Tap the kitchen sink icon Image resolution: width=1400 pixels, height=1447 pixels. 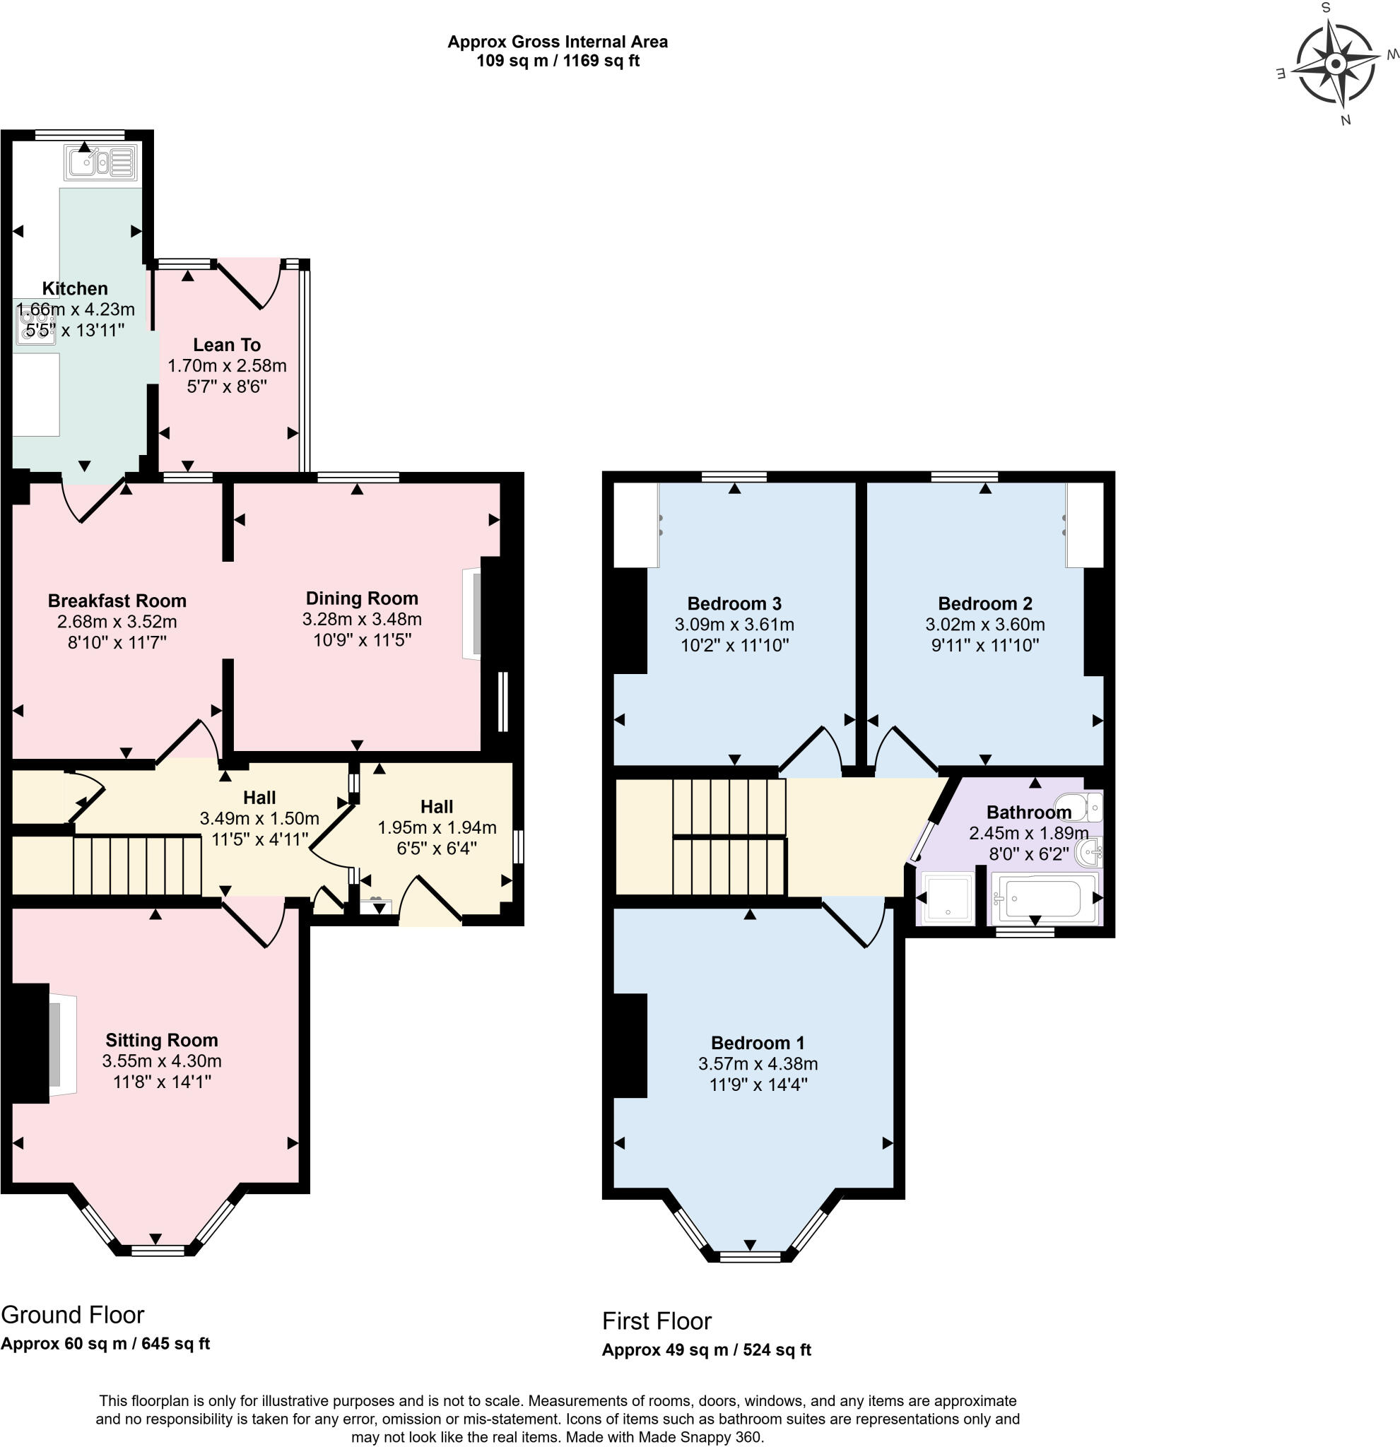[100, 163]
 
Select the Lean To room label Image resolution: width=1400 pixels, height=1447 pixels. [227, 345]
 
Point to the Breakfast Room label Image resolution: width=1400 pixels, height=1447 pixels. [117, 601]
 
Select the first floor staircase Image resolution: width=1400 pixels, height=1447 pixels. [728, 837]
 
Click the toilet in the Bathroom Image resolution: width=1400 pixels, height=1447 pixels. [1078, 808]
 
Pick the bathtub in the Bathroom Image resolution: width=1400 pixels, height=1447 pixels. [1042, 898]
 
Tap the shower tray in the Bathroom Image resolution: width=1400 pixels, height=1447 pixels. [948, 899]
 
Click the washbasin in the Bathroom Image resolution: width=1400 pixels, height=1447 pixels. [1090, 854]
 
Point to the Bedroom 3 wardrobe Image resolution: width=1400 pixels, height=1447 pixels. [636, 525]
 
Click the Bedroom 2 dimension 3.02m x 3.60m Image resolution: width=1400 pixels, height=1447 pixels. [984, 625]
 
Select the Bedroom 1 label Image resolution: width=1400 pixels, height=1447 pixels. [757, 1043]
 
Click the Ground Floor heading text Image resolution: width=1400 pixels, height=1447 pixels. [72, 1315]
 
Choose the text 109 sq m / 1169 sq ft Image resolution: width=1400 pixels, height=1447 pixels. [558, 61]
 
